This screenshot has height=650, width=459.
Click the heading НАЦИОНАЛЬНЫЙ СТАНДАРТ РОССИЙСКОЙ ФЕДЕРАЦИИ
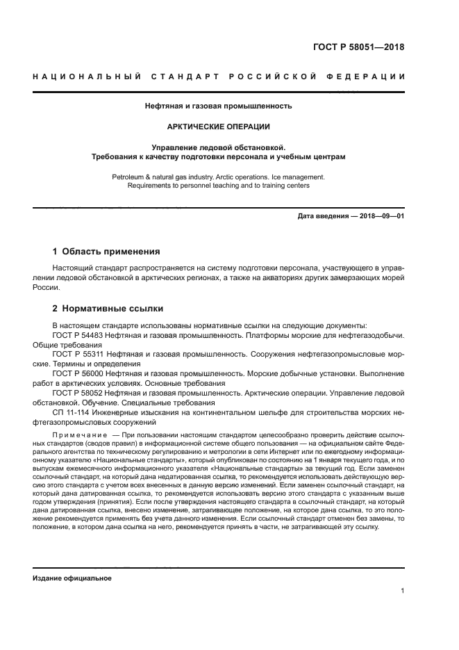[x=219, y=76]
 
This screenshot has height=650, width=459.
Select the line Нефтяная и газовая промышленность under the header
[x=218, y=106]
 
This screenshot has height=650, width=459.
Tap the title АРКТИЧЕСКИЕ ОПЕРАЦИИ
[x=218, y=127]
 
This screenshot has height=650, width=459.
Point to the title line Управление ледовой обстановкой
[x=218, y=147]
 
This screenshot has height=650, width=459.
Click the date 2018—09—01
[x=380, y=216]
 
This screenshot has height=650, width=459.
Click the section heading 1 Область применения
[x=106, y=251]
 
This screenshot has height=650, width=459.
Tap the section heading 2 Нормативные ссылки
[x=108, y=308]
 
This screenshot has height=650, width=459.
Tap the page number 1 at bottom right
[x=402, y=591]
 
